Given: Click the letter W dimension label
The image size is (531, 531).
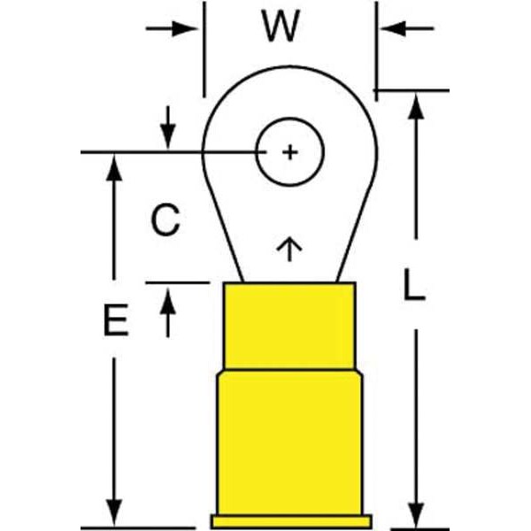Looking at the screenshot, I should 281,29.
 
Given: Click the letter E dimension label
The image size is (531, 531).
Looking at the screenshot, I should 115,320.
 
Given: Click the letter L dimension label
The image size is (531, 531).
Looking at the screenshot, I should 412,285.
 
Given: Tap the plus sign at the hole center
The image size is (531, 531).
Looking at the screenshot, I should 290,152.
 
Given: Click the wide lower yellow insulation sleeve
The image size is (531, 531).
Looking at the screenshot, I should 289,442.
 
